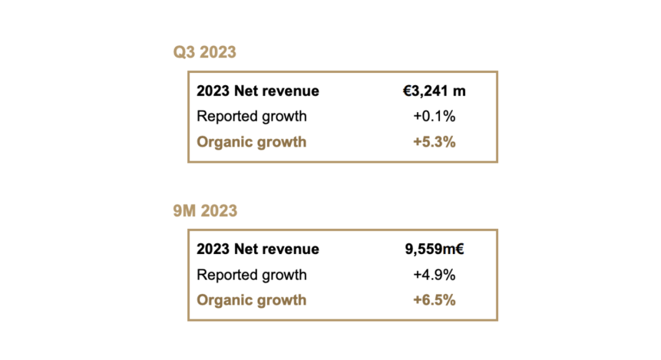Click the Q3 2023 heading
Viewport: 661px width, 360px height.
point(204,52)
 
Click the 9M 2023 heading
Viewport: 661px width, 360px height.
point(205,211)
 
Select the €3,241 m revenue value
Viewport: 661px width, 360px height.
point(434,91)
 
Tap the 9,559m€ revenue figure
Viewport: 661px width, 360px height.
point(434,249)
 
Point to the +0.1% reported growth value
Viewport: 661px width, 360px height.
point(434,116)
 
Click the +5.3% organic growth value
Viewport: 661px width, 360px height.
point(434,142)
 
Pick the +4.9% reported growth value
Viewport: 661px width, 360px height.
point(434,275)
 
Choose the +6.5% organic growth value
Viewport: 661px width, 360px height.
point(434,300)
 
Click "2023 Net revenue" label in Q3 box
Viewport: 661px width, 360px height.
point(258,91)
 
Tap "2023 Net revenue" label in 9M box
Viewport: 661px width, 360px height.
point(258,249)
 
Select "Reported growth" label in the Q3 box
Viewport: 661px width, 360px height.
point(252,116)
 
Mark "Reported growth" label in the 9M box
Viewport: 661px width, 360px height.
point(252,275)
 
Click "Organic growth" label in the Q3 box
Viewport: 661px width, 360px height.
point(252,142)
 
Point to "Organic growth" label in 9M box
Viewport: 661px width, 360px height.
point(252,300)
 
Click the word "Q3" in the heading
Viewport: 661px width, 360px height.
point(185,52)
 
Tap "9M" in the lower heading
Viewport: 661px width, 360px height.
point(185,211)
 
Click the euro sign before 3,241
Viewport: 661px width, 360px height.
point(406,91)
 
